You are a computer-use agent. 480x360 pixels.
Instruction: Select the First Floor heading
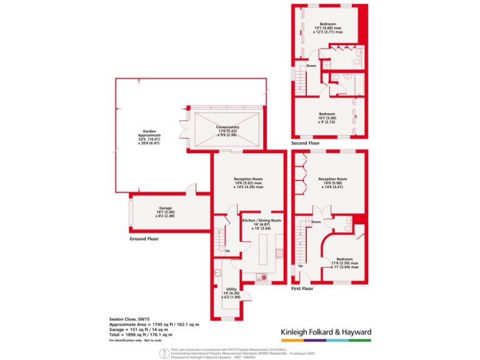302,289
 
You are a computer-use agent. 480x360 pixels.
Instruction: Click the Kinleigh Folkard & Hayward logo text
326,332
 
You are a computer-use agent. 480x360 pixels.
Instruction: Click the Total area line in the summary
141,334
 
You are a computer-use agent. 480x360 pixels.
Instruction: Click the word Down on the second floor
311,66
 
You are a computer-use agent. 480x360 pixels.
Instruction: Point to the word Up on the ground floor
227,251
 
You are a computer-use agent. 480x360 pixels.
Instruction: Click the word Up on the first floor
301,266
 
